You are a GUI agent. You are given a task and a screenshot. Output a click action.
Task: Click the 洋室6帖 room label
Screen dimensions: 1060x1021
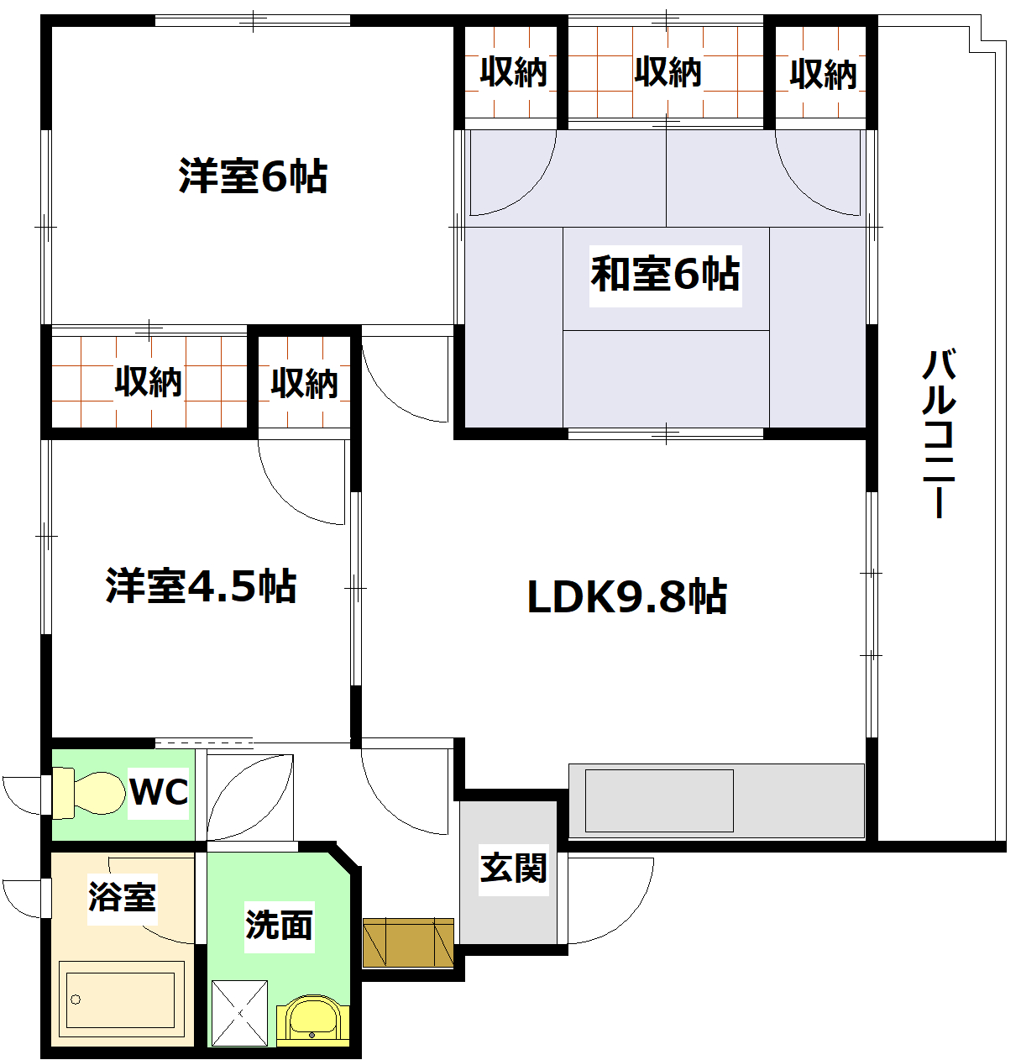tap(253, 177)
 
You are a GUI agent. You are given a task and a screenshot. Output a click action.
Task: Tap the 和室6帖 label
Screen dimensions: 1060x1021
tap(665, 274)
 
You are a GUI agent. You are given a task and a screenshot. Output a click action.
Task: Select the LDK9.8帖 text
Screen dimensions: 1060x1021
tap(626, 597)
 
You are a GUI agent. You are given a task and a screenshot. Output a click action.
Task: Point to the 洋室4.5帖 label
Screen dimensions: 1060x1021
tap(202, 586)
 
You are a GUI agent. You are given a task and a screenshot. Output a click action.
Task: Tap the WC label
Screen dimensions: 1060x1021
tap(160, 791)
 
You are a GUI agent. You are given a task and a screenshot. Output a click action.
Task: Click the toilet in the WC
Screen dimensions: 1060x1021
tap(84, 794)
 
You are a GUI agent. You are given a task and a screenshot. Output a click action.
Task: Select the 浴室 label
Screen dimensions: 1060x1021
tap(123, 897)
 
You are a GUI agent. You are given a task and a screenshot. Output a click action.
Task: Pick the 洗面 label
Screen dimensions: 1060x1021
tap(279, 925)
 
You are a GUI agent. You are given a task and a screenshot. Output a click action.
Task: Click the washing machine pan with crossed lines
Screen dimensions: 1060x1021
tap(239, 1013)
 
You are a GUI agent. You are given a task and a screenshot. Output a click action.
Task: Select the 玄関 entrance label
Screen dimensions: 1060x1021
tap(513, 868)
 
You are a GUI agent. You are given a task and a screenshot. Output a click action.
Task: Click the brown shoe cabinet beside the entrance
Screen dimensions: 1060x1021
tap(408, 943)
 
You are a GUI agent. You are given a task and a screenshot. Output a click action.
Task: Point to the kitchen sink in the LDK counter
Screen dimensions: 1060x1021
tap(659, 800)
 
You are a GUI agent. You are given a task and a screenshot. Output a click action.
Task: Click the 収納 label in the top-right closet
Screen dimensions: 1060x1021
tap(823, 74)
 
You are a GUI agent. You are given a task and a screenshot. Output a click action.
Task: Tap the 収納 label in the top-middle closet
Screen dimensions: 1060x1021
tap(668, 72)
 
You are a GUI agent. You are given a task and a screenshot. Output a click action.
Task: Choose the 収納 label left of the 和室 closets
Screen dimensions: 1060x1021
tap(513, 72)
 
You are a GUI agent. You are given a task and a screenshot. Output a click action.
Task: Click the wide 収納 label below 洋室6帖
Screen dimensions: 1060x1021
tap(149, 382)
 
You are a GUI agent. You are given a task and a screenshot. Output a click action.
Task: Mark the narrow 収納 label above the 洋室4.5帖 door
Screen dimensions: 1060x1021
tap(304, 383)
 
